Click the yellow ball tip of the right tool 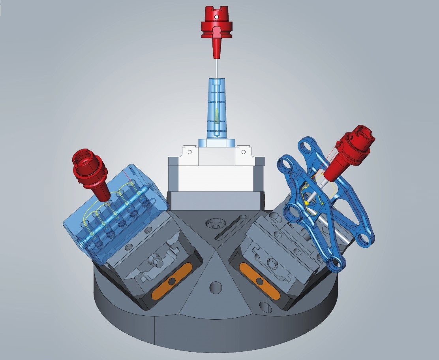[306, 203]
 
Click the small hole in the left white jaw [189, 151]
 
